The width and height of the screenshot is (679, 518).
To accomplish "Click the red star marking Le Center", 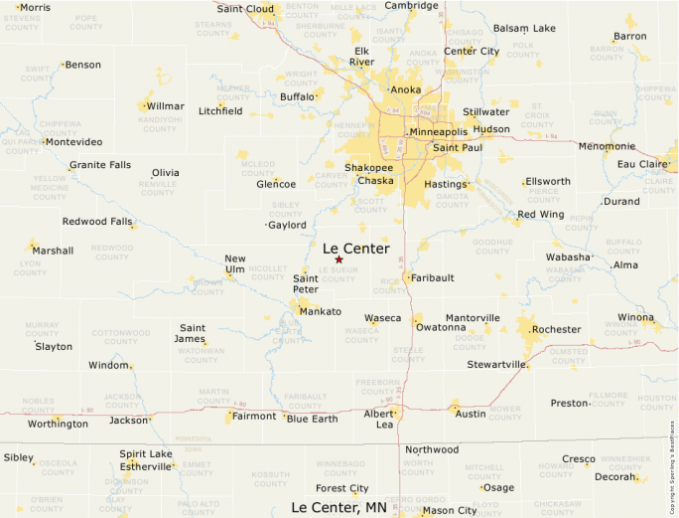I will click(339, 259).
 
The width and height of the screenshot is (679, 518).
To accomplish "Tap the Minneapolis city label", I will click(438, 132).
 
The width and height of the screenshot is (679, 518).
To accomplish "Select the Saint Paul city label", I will click(458, 148).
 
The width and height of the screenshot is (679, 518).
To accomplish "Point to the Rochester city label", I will click(556, 329).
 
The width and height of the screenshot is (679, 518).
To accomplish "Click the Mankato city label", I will click(321, 311).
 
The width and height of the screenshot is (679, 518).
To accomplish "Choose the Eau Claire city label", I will click(642, 164).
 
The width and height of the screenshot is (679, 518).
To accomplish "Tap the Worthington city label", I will click(58, 424).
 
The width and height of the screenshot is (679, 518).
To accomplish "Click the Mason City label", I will click(450, 511).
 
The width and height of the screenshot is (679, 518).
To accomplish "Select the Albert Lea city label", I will click(378, 419).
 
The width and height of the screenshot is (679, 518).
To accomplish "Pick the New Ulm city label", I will click(235, 264).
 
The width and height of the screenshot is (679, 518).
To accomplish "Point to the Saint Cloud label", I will click(245, 9).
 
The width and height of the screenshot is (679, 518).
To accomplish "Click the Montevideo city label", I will click(73, 142).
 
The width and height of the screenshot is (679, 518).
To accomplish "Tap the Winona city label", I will click(636, 318).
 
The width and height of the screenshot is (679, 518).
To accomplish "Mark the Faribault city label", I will click(432, 277).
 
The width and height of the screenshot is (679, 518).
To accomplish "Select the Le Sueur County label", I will click(339, 274).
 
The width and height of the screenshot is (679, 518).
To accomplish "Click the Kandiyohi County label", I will click(160, 124).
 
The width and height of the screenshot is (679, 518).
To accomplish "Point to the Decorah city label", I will click(614, 477).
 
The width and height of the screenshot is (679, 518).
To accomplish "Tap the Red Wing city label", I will click(540, 215).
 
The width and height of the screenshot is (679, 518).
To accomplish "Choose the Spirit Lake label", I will click(146, 453).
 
